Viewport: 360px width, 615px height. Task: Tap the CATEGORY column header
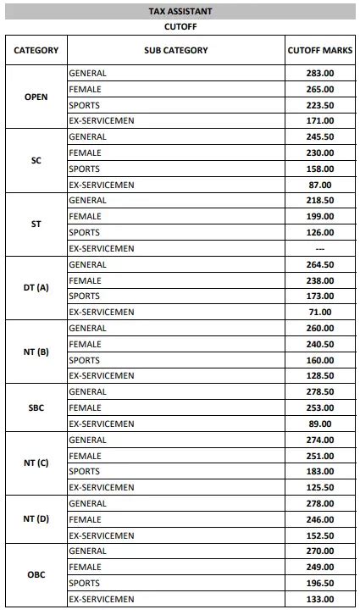(x=36, y=51)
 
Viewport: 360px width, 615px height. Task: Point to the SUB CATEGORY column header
(x=176, y=51)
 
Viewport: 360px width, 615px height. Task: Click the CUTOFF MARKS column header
(x=320, y=51)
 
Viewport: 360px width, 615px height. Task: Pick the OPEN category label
(x=36, y=97)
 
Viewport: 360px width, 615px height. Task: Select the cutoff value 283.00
(x=320, y=73)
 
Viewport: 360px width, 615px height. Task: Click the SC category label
(x=36, y=160)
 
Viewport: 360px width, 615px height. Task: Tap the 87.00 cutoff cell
(x=320, y=185)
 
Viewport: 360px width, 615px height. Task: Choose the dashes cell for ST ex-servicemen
(x=320, y=249)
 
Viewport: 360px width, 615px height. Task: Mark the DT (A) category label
(x=36, y=288)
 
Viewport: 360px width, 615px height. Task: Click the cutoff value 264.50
(x=320, y=264)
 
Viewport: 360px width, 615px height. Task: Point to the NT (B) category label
(x=36, y=352)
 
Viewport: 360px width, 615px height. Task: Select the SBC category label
(x=36, y=407)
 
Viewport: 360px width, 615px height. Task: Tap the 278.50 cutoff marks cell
(x=320, y=392)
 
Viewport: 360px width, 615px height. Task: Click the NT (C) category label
(x=36, y=463)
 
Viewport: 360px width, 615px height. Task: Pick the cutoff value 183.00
(x=320, y=472)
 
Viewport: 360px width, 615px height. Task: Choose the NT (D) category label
(x=36, y=519)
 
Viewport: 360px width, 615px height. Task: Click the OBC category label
(x=36, y=575)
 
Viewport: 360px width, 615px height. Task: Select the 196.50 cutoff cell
(x=320, y=584)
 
